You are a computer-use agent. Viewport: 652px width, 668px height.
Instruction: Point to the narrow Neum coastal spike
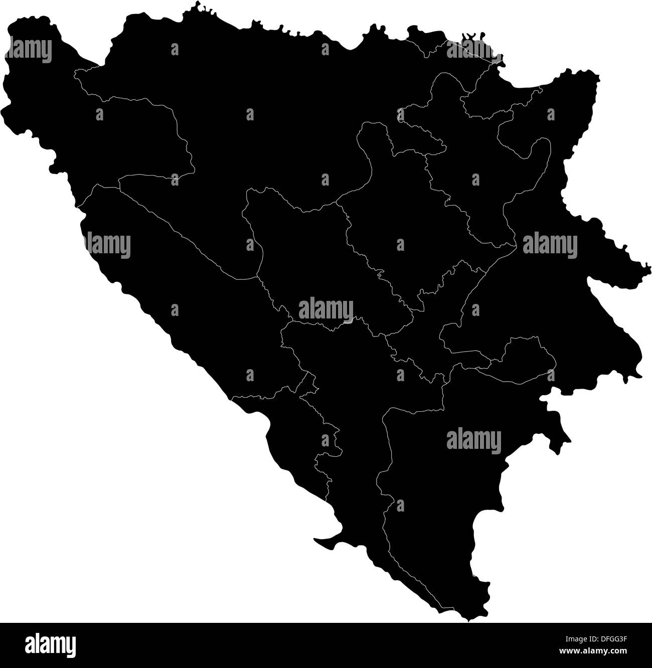click(x=321, y=541)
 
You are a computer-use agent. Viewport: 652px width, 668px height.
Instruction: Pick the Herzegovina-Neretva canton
click(x=351, y=426)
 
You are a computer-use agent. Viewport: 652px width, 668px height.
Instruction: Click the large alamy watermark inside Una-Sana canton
click(x=30, y=51)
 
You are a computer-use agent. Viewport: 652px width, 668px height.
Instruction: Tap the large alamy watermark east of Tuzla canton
click(x=550, y=246)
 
